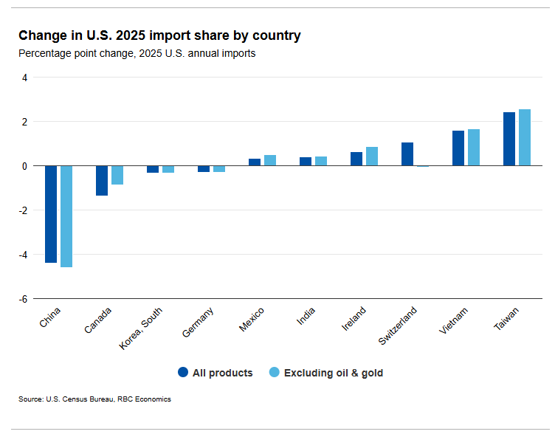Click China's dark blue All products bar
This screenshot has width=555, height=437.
(x=51, y=214)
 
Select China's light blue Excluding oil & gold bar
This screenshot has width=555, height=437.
(x=66, y=216)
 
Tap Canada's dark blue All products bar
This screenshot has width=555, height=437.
(x=102, y=181)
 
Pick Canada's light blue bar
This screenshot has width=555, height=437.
(x=117, y=175)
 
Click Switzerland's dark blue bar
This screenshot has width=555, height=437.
(x=407, y=154)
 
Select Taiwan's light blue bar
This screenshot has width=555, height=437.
(x=525, y=137)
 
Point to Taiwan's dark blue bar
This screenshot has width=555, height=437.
(x=509, y=139)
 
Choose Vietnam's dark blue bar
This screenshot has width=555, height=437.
(x=458, y=148)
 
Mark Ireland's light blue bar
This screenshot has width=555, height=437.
(x=372, y=156)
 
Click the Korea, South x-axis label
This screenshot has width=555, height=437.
(x=142, y=328)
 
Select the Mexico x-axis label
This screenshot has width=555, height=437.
(x=252, y=320)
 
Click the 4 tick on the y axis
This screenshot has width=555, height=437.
(x=24, y=78)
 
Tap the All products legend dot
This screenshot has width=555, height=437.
(x=183, y=372)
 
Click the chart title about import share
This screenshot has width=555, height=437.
(x=159, y=35)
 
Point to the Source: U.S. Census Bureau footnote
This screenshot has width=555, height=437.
(x=94, y=399)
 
